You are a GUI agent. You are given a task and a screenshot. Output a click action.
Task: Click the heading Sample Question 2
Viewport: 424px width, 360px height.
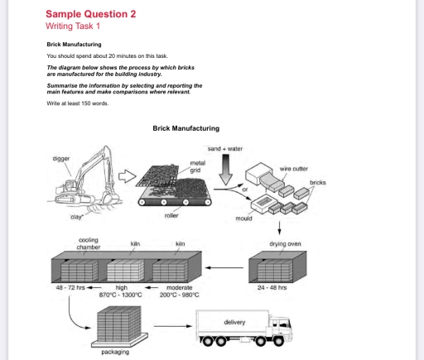91,14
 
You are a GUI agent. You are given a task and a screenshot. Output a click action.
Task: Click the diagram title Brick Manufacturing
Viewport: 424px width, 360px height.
186,128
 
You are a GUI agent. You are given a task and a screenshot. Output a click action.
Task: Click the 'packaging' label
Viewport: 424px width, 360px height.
114,352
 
